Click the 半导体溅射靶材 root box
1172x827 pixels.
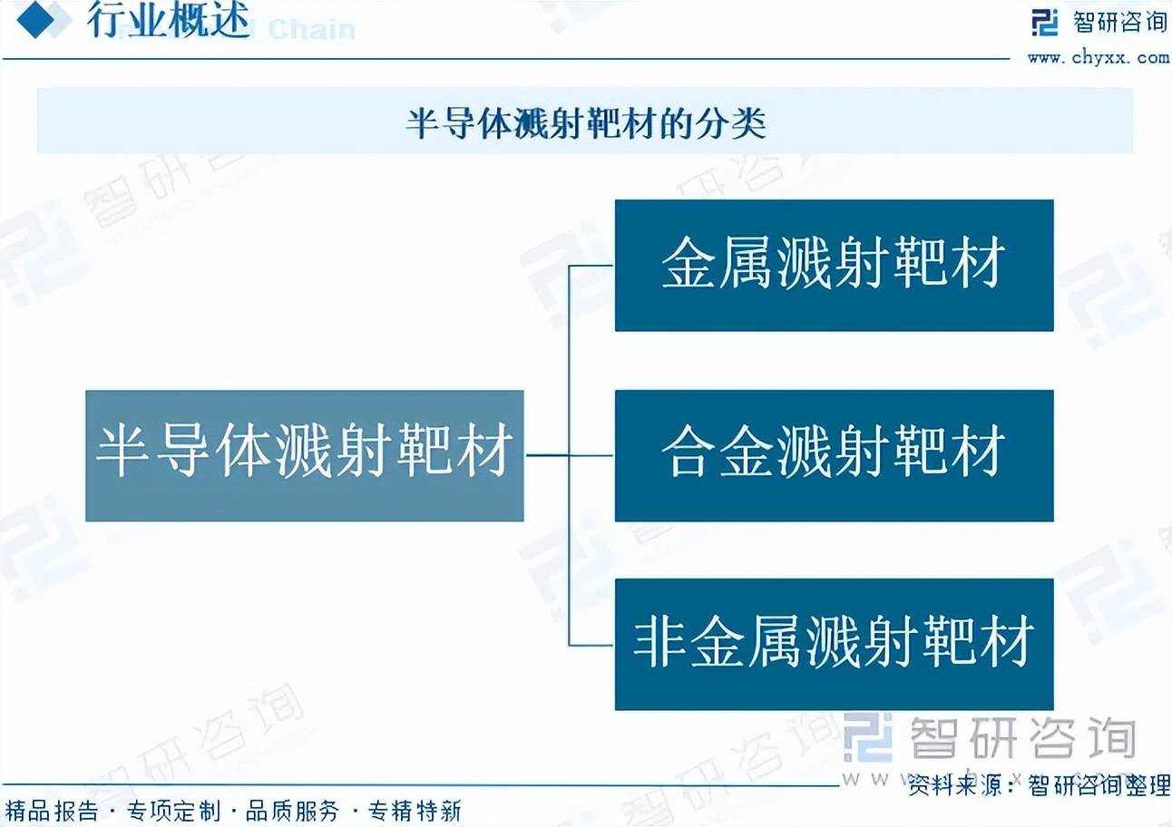coord(305,455)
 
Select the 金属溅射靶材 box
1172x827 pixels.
coord(834,265)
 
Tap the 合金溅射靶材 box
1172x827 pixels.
coord(834,455)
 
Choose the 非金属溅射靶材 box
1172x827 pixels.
coord(834,645)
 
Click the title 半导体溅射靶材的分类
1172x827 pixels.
coord(586,123)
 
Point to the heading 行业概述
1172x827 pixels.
coord(168,21)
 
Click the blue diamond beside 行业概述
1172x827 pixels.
coord(35,19)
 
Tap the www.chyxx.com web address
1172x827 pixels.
coord(1098,57)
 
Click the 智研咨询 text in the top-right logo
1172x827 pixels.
coord(1119,23)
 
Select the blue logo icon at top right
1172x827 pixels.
coord(1044,23)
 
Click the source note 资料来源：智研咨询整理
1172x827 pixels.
coord(1039,785)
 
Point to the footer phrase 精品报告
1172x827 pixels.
coord(52,811)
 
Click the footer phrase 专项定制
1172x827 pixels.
coord(173,811)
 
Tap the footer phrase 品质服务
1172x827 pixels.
coord(292,811)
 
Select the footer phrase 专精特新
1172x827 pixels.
coord(415,811)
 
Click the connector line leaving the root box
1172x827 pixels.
coord(547,455)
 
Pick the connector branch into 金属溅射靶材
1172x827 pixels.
coord(591,266)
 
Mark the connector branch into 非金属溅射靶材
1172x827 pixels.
coord(591,645)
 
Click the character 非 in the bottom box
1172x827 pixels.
coord(659,642)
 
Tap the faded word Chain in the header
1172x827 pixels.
coord(312,30)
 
